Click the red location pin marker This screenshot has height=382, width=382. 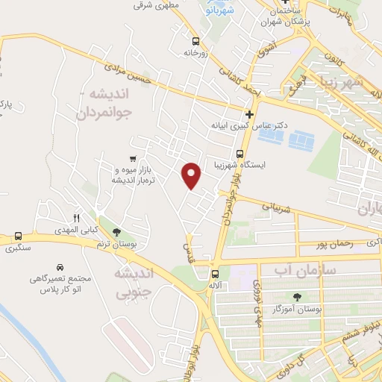coord(192,175)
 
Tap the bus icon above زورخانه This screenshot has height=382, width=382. coord(195,42)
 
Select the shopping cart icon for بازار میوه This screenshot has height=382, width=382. coord(133,158)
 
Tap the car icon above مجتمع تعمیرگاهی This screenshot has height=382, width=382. coord(59,266)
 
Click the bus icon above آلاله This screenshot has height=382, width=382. coord(215,274)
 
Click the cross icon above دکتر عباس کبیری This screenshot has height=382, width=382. coord(249,114)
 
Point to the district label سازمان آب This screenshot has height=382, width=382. coord(307,267)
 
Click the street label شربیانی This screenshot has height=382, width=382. coord(272,204)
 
